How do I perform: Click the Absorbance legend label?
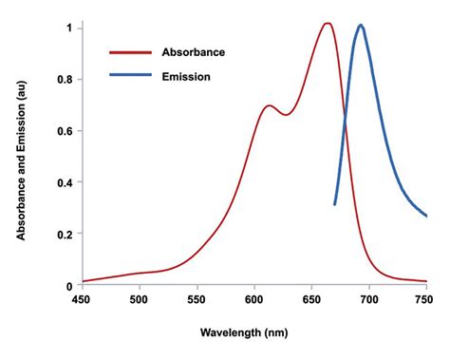coord(194,53)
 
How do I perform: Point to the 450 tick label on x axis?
coord(82,300)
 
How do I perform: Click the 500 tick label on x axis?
coord(139,300)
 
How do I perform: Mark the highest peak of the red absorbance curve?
coord(327,24)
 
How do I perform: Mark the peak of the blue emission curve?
coord(360,26)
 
